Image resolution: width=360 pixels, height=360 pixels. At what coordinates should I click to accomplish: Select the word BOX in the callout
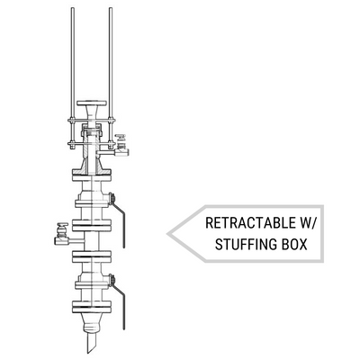pos(294,244)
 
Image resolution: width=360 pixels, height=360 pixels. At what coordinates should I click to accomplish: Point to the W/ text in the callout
pos(308,223)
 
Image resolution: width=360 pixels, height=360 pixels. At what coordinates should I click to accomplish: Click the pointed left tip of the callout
pos(167,234)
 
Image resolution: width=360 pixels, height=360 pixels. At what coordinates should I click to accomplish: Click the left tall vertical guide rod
pos(73,78)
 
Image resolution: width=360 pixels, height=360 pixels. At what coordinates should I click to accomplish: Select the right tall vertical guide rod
pos(111,78)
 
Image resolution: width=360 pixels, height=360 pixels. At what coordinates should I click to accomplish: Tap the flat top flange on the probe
pos(92,103)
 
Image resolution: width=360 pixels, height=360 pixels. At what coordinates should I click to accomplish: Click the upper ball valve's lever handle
pos(118,222)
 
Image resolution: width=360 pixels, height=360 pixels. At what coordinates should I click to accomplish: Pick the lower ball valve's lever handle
pos(119,303)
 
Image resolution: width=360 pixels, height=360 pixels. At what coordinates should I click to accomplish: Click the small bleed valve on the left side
pos(62,235)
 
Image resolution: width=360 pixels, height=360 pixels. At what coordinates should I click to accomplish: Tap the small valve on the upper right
pos(121,146)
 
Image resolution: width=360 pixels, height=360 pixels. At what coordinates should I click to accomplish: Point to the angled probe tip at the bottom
pos(91,343)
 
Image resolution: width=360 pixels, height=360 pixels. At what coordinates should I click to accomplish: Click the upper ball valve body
pos(92,198)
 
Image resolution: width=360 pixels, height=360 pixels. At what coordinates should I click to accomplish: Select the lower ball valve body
pos(92,280)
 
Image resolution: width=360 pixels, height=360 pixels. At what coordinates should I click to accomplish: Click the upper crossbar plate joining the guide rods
pos(92,121)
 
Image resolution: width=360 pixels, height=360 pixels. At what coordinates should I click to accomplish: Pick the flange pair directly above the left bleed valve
pos(92,225)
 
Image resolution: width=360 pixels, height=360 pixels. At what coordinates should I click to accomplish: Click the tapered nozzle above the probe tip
pos(91,323)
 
